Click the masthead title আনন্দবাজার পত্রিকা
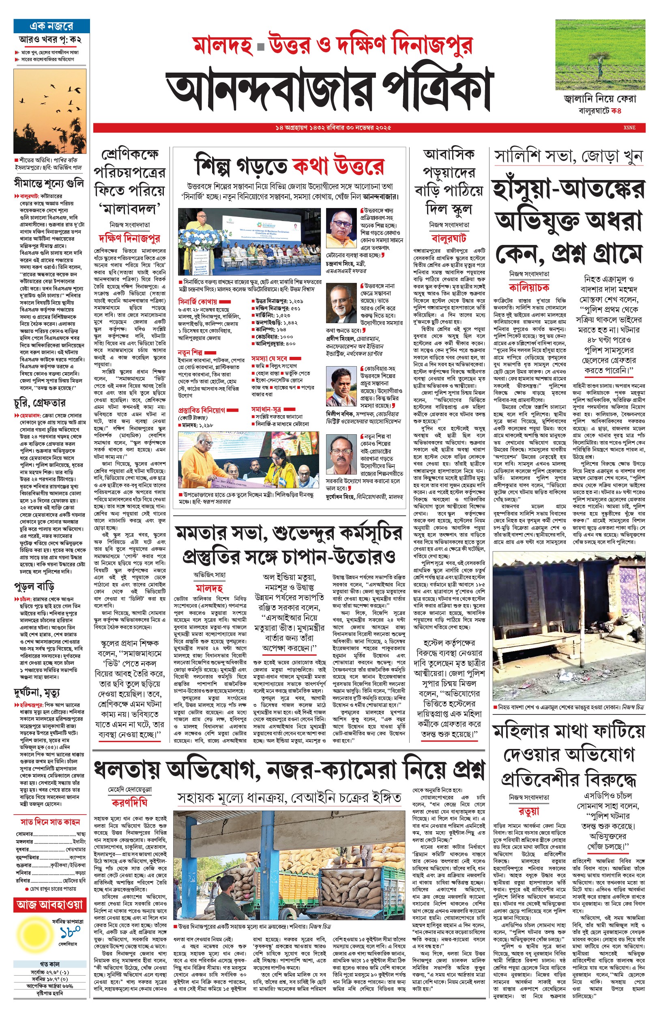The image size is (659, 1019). [329, 88]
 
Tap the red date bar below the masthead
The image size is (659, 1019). [368, 127]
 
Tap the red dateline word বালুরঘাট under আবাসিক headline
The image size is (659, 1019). [449, 238]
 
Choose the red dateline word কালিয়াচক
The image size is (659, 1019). [529, 287]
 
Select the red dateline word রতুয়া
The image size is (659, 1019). [529, 811]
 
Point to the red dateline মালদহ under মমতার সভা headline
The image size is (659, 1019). [209, 588]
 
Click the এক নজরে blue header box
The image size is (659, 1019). [52, 26]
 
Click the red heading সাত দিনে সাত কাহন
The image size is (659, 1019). [50, 822]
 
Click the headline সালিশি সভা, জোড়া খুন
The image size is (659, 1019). [568, 157]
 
